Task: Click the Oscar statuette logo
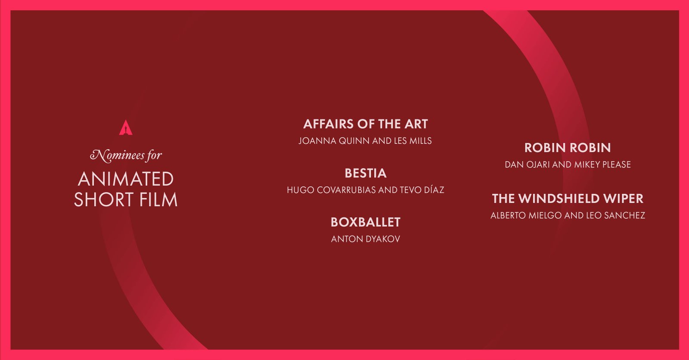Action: (126, 127)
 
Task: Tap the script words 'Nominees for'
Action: (126, 155)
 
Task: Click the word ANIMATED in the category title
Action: (126, 179)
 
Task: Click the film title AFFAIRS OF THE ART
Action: (366, 124)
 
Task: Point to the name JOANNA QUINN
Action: (334, 141)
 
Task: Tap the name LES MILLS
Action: (413, 141)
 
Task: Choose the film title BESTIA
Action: (366, 173)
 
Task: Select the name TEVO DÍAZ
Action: (422, 190)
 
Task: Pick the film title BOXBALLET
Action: (366, 222)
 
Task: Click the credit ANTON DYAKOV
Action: (366, 239)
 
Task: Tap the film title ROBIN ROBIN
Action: (568, 148)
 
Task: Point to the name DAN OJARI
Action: (527, 164)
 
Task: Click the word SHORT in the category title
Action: (104, 199)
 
